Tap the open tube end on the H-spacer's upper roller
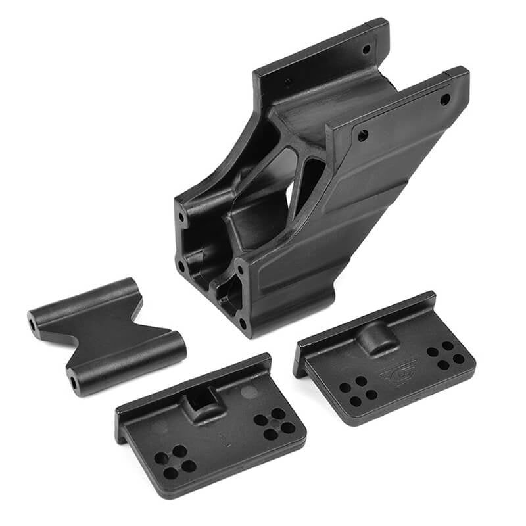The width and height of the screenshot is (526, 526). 32,324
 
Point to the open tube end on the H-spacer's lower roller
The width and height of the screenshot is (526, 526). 72,382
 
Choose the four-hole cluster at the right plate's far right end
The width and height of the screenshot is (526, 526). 445,354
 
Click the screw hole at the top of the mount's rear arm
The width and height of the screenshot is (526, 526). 366,49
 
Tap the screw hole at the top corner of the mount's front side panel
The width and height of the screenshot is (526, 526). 445,99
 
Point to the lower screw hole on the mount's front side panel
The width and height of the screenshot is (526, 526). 362,136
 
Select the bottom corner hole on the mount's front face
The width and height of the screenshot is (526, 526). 243,323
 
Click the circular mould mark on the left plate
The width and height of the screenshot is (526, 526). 249,393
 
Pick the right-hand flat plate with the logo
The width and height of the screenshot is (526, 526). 388,362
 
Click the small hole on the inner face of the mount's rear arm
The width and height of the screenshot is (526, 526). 288,83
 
